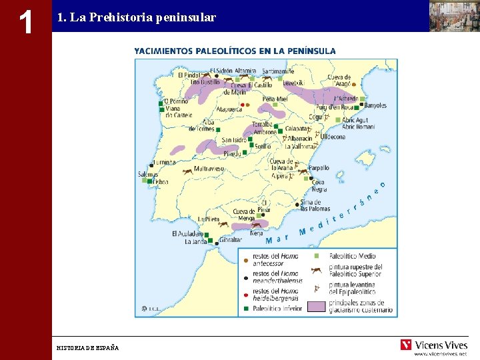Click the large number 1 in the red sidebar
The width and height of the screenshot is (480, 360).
pos(25,22)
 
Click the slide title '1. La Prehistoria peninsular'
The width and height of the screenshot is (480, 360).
pos(137,17)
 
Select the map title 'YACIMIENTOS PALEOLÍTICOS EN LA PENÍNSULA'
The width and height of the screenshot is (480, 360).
pos(235,51)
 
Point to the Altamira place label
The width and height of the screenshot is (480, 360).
pos(245,71)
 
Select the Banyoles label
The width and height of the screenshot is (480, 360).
pos(376,105)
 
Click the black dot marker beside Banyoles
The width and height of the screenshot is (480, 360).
pos(361,105)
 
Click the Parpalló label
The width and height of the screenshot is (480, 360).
pos(318,168)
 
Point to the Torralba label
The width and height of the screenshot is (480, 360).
pos(262,125)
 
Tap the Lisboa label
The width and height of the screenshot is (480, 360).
pos(160,181)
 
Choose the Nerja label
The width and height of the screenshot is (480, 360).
pos(257,233)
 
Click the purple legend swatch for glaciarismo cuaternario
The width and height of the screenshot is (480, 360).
pos(316,307)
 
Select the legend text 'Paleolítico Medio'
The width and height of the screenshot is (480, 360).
pos(353,255)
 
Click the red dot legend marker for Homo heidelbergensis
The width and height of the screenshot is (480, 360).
pos(245,293)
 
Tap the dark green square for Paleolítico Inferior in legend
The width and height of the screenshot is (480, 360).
pos(245,309)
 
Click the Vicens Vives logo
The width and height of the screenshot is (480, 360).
pos(433,345)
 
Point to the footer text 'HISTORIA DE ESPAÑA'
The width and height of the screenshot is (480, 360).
pos(87,348)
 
